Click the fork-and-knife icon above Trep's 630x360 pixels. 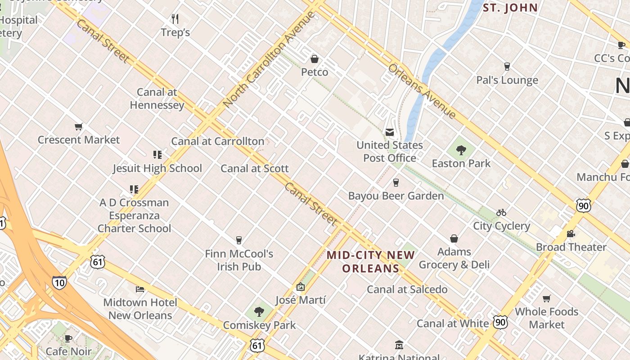click(175, 19)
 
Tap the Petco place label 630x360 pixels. click(315, 72)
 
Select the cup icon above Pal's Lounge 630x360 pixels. click(507, 67)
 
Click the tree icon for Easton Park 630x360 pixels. click(461, 150)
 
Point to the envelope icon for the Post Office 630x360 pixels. click(389, 132)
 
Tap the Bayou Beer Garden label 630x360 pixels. click(396, 196)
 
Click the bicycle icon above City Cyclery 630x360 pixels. click(501, 212)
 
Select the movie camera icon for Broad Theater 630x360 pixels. click(571, 234)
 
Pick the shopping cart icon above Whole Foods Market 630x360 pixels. click(547, 298)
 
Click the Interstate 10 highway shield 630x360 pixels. click(59, 282)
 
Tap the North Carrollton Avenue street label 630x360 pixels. click(269, 59)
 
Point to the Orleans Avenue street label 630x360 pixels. click(422, 91)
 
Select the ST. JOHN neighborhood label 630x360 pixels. click(510, 8)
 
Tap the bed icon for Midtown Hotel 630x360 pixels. click(140, 289)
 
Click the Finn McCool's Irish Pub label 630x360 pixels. click(239, 260)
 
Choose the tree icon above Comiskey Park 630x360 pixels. click(259, 311)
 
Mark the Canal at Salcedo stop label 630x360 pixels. click(407, 289)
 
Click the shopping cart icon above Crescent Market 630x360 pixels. click(79, 127)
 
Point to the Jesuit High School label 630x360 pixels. click(157, 168)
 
